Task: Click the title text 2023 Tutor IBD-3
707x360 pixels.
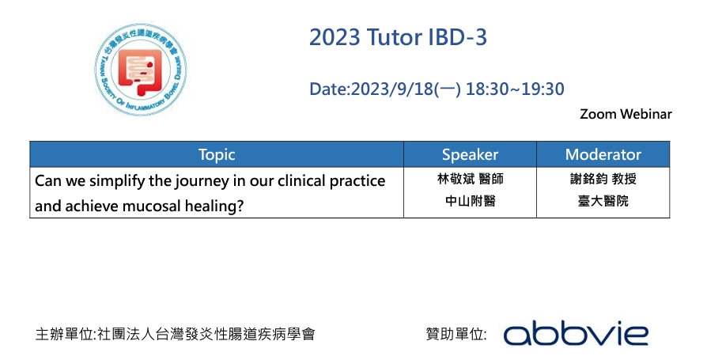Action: [x=398, y=37]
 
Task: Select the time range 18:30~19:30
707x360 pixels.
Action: [x=515, y=89]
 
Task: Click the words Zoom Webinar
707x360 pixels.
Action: [x=626, y=114]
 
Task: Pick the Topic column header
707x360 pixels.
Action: [x=217, y=155]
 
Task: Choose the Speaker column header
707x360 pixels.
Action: [x=470, y=155]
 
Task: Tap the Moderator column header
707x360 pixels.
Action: [x=603, y=155]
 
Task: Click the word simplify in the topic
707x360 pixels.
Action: [x=118, y=181]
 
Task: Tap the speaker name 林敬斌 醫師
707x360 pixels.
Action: [x=471, y=179]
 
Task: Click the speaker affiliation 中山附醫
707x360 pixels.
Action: [x=471, y=201]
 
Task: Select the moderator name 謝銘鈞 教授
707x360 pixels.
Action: [x=603, y=179]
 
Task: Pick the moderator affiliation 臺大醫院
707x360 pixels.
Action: [x=603, y=201]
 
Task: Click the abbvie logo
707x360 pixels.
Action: [x=576, y=333]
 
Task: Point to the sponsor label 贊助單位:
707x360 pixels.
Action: [x=456, y=334]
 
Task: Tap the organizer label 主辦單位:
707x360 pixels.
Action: [x=66, y=334]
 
